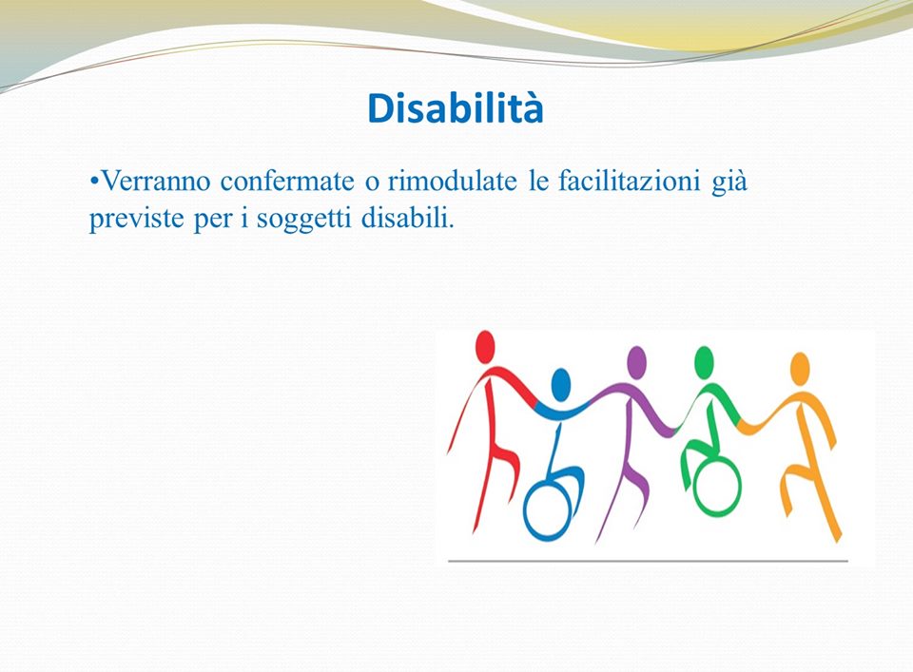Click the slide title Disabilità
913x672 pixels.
(456, 108)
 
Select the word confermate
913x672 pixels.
(287, 181)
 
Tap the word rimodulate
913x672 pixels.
(452, 181)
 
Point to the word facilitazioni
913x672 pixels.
(629, 181)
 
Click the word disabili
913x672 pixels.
(407, 219)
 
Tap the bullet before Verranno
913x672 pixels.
(94, 181)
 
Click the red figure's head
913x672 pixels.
(485, 346)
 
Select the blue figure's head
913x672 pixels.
(561, 384)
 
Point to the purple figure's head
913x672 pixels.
(636, 362)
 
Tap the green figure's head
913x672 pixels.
(704, 362)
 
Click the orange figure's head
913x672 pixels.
(801, 368)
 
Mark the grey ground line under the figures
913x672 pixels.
(648, 562)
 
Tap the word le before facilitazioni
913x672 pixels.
(538, 181)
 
